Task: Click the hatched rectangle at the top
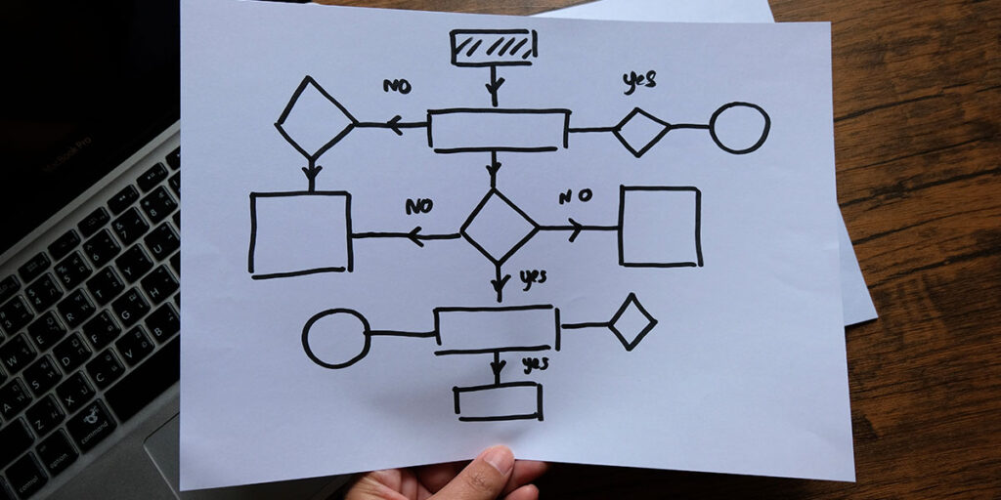pyautogui.click(x=493, y=47)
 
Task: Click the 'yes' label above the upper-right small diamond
pyautogui.click(x=639, y=81)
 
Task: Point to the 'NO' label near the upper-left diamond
pyautogui.click(x=397, y=86)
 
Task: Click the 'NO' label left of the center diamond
pyautogui.click(x=418, y=206)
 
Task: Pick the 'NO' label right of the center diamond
pyautogui.click(x=575, y=195)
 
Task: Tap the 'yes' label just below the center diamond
pyautogui.click(x=533, y=278)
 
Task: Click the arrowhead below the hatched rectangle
pyautogui.click(x=494, y=84)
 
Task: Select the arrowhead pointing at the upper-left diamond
pyautogui.click(x=395, y=124)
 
